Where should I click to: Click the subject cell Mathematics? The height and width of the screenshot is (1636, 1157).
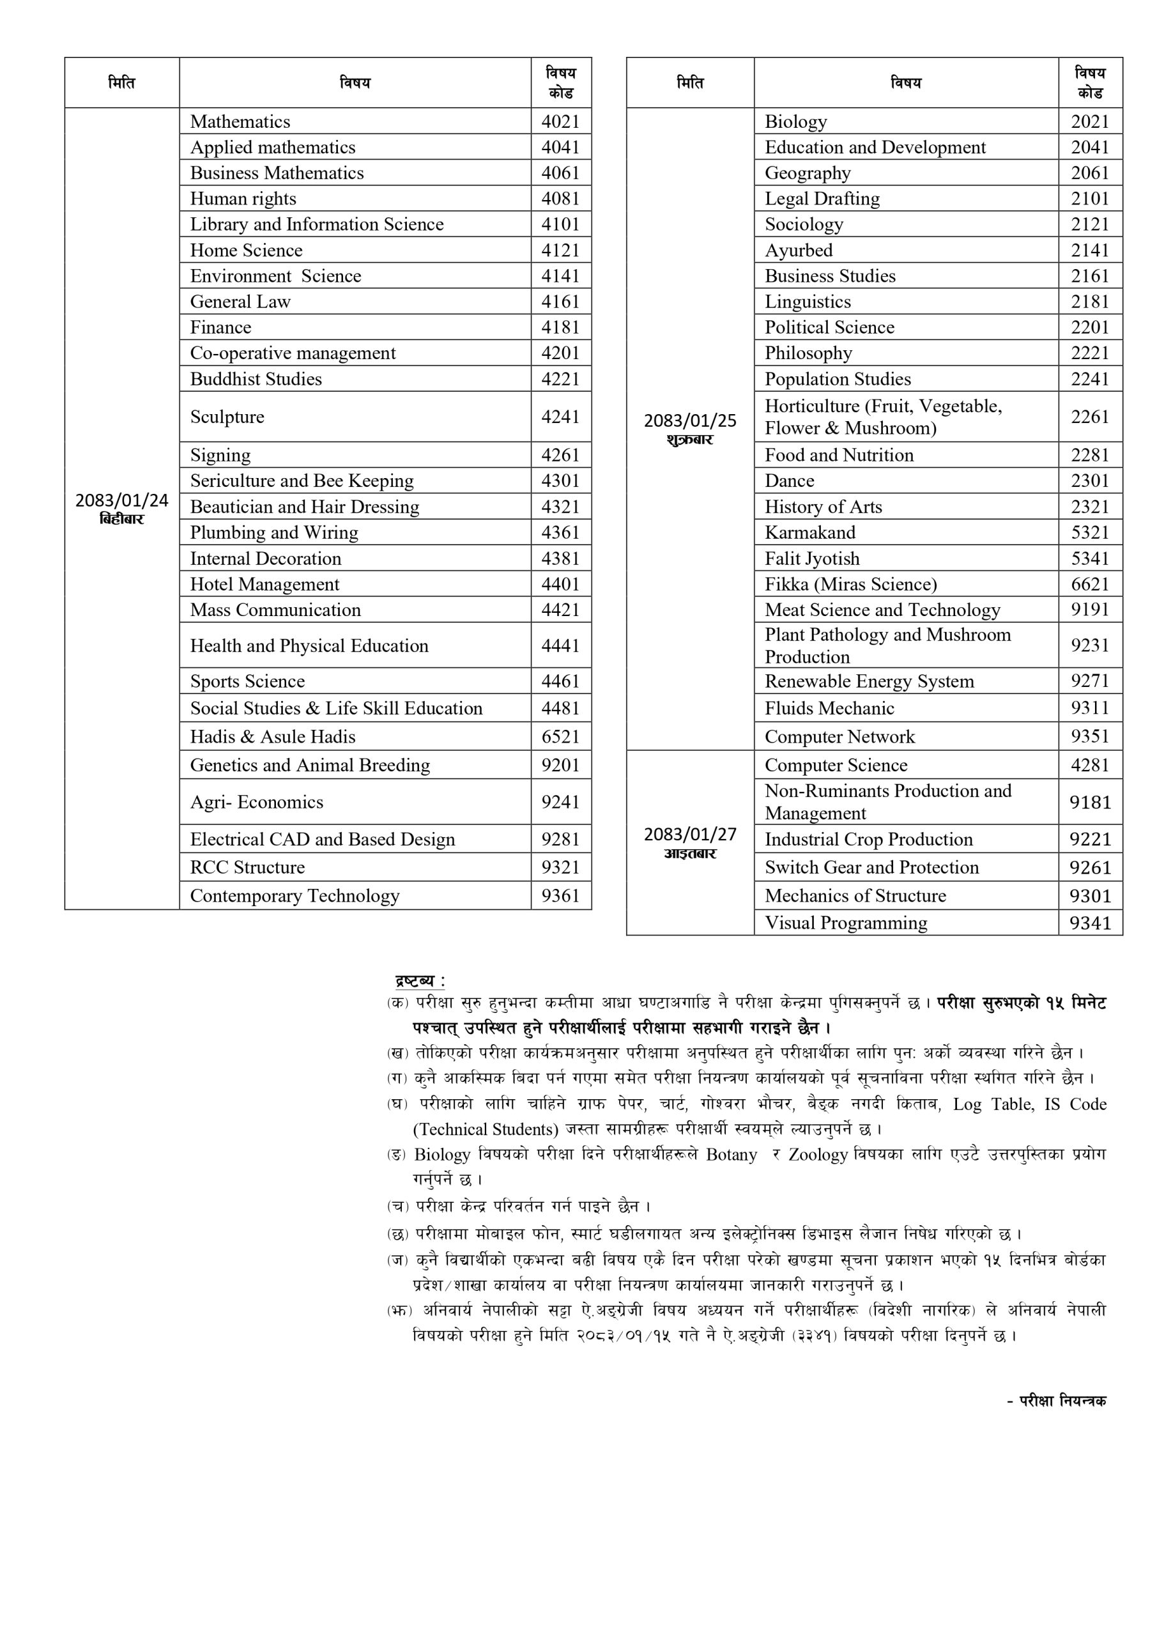(240, 122)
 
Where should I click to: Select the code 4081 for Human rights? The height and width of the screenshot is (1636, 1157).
(561, 199)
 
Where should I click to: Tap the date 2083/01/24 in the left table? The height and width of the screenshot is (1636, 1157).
(122, 500)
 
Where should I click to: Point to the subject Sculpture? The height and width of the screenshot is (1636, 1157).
(227, 417)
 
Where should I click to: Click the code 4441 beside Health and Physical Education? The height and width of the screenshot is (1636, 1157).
(561, 645)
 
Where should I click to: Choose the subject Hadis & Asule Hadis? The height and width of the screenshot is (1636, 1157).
(272, 737)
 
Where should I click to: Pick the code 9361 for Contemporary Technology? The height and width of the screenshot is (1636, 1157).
(561, 896)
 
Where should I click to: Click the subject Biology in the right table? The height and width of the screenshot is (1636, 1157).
(796, 122)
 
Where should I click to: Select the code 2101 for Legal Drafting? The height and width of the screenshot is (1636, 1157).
(1090, 199)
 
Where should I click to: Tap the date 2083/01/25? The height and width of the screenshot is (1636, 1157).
(689, 421)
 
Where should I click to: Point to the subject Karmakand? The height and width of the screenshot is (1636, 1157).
(810, 533)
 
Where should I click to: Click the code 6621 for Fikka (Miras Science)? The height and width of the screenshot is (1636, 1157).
(1090, 584)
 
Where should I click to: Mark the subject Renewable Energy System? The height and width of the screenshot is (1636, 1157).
(869, 681)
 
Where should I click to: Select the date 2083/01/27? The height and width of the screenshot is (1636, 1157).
(689, 835)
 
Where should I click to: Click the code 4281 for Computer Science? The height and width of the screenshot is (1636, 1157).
(1090, 765)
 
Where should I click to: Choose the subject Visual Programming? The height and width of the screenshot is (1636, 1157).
(846, 923)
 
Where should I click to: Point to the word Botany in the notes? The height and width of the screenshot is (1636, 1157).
(731, 1155)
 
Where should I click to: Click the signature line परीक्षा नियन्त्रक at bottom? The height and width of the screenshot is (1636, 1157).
(1062, 1401)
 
